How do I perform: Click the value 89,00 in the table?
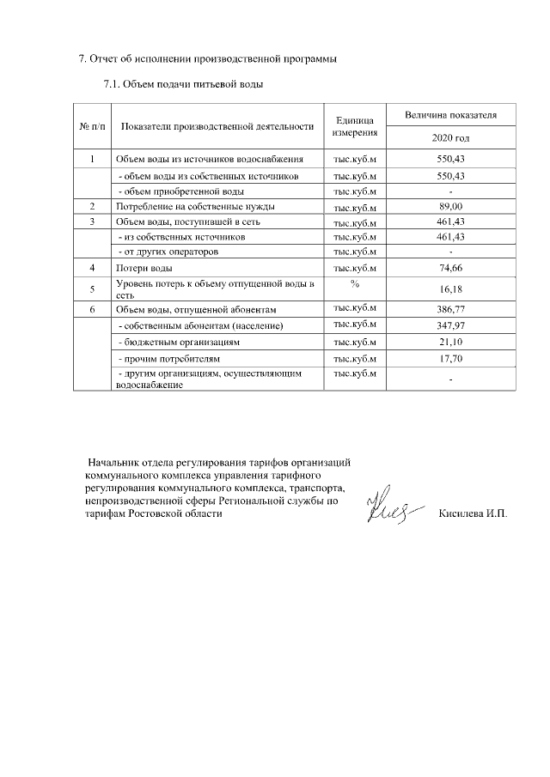[x=450, y=207]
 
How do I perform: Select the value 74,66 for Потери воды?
[x=450, y=269]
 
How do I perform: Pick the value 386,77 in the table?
[x=450, y=309]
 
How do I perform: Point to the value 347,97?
[x=450, y=326]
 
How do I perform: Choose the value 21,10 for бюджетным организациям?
[x=450, y=343]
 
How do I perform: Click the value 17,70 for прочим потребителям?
[x=450, y=358]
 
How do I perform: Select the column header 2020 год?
[x=450, y=138]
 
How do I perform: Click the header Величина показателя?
[x=450, y=114]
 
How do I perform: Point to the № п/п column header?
[x=92, y=127]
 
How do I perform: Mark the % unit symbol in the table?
[x=354, y=283]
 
